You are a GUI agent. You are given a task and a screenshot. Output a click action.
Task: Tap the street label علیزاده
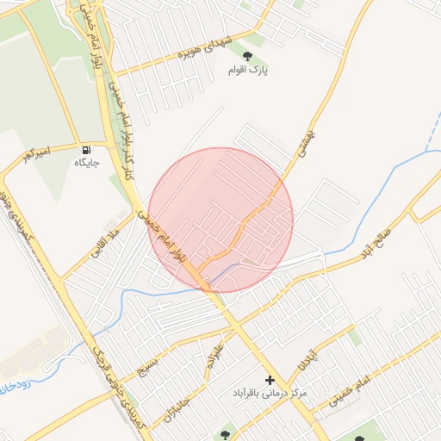coord(214,357)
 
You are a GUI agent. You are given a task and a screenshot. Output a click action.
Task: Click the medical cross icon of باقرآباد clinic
coord(270,380)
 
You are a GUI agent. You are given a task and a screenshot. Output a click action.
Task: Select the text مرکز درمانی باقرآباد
coord(270,394)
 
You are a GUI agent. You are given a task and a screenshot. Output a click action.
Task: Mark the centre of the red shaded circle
coord(220,220)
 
